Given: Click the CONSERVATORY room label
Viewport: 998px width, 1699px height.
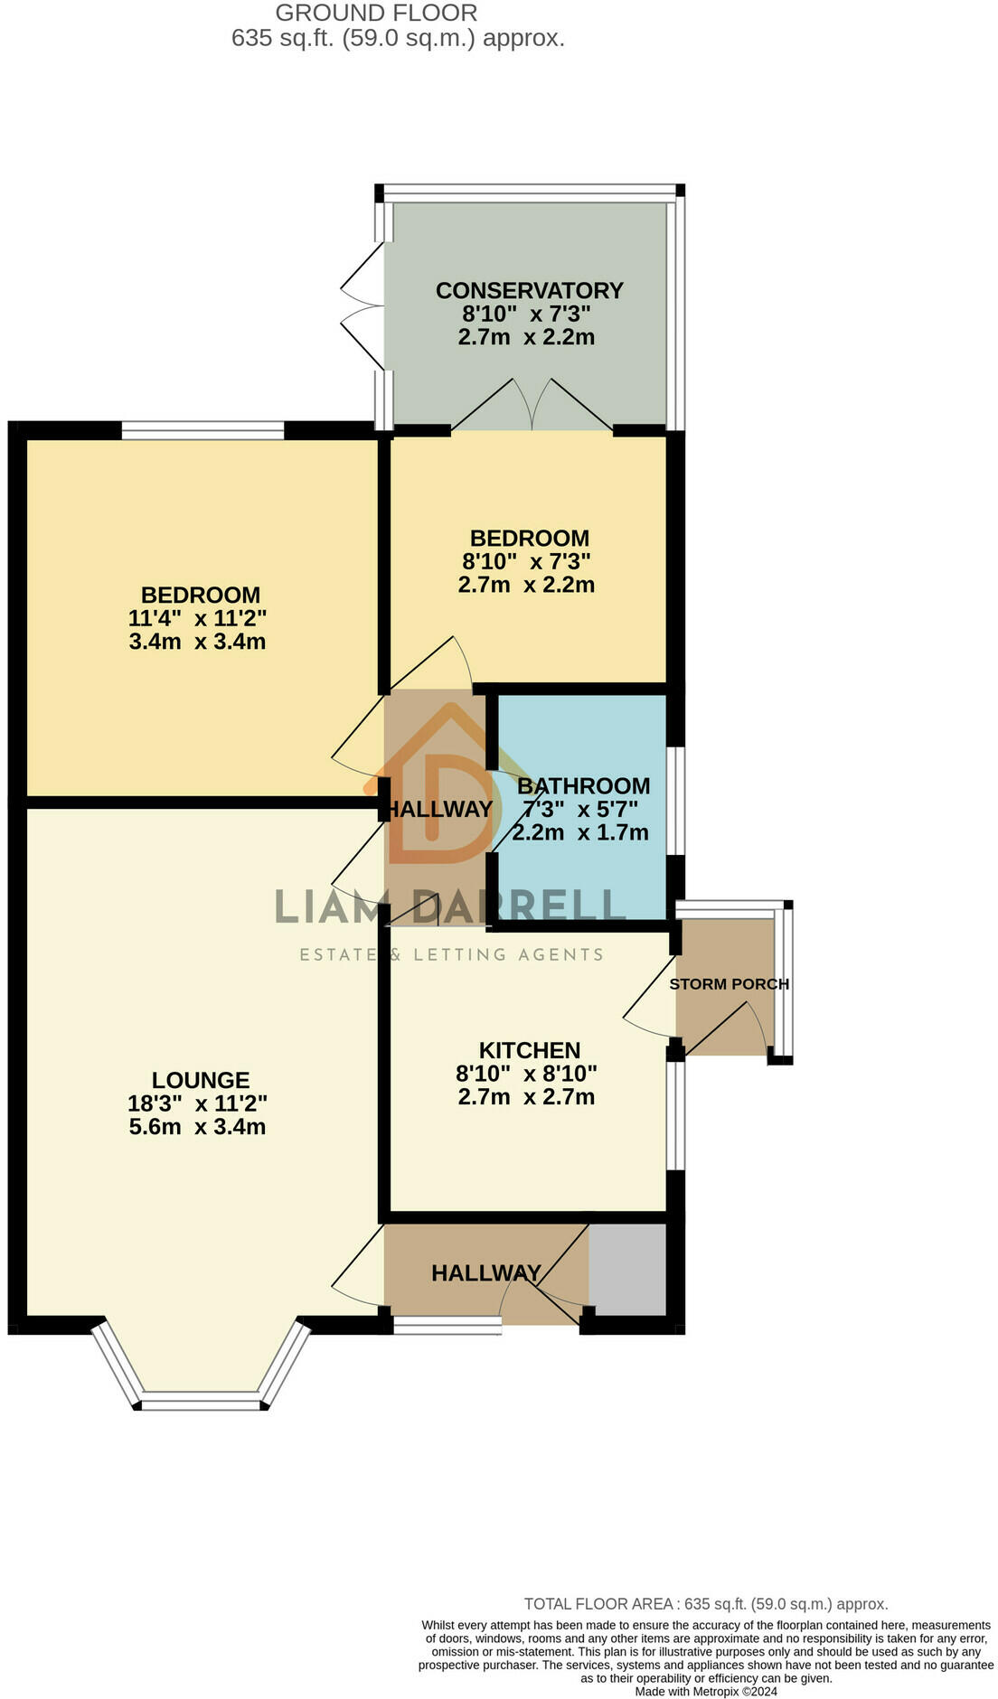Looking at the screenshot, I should pos(529,291).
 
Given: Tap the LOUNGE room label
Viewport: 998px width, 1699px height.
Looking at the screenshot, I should pos(200,1080).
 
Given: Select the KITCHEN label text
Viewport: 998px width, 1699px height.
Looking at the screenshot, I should pos(529,1050).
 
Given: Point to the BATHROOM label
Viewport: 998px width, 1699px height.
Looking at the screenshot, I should pos(583,785).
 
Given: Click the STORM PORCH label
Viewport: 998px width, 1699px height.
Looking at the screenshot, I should pos(729,984).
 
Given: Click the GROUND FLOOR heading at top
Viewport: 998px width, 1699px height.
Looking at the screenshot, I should pos(376,14).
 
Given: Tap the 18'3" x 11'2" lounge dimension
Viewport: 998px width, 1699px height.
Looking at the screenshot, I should pos(197,1103).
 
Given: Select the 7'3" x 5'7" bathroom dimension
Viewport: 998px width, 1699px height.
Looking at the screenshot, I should pos(579,809).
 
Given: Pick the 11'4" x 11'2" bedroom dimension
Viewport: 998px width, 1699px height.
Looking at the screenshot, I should pos(197,619).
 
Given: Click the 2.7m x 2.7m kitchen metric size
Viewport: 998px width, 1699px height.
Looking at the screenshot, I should pos(526,1097).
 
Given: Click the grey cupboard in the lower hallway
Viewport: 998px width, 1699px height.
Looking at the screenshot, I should pos(627,1270).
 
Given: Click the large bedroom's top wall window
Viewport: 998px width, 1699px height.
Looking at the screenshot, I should pos(202,431).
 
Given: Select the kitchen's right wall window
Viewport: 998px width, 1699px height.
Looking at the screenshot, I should pos(675,1115).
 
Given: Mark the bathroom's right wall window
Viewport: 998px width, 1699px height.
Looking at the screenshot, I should pos(675,800).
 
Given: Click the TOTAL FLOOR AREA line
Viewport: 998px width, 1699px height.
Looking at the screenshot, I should pos(705,1604).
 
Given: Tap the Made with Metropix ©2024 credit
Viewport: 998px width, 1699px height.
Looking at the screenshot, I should pos(705,1692).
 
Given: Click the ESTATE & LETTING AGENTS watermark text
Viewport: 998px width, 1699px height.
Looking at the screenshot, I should pos(451,954).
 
